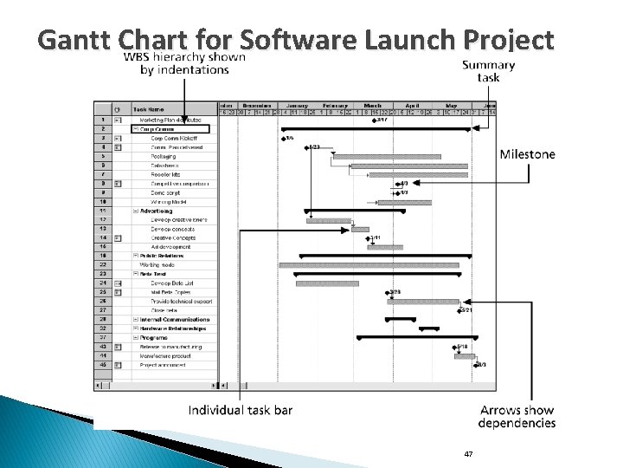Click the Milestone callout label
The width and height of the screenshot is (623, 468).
point(528,154)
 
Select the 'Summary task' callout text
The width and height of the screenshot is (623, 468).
point(488,70)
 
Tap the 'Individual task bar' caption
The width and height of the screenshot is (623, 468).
point(241,410)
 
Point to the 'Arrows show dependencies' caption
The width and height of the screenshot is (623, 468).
point(516,417)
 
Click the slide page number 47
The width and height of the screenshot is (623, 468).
point(468,453)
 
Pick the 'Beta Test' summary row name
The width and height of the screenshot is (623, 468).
point(151,274)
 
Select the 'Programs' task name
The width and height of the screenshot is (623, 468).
point(151,337)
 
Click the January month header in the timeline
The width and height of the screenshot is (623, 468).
point(297,104)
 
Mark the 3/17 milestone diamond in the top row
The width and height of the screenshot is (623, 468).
point(374,120)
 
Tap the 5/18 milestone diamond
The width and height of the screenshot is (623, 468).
point(455,347)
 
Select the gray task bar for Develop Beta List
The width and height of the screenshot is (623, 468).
point(326,283)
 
